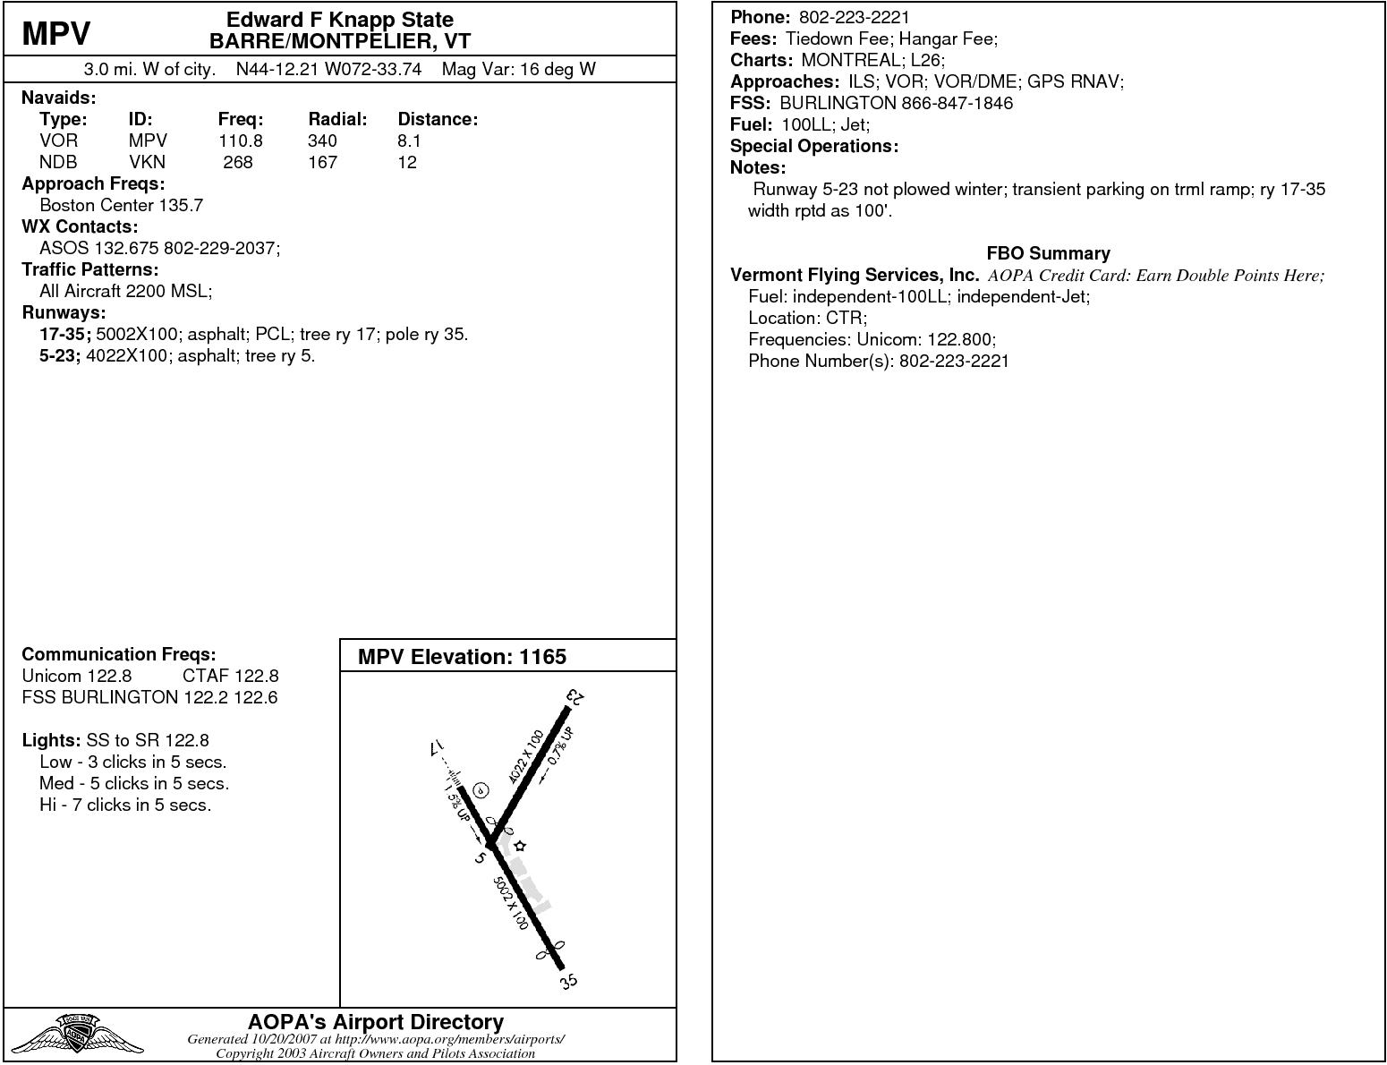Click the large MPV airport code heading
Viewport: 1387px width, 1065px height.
coord(56,33)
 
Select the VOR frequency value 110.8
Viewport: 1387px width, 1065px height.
coord(240,141)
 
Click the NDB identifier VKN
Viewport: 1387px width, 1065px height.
coord(147,162)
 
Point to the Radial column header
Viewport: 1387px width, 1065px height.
coord(337,119)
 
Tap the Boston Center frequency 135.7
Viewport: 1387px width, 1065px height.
coord(181,205)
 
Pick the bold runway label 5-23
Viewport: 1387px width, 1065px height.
coord(59,355)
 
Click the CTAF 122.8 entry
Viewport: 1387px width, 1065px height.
coord(230,676)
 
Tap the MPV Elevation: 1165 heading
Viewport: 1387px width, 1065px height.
coord(462,657)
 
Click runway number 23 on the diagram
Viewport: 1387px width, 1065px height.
coord(575,698)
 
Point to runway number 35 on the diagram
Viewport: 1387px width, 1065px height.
coord(569,982)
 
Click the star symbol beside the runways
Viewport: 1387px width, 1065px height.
coord(520,846)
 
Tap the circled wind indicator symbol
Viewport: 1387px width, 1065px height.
coord(481,789)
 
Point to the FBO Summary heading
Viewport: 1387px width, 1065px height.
coord(1048,253)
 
